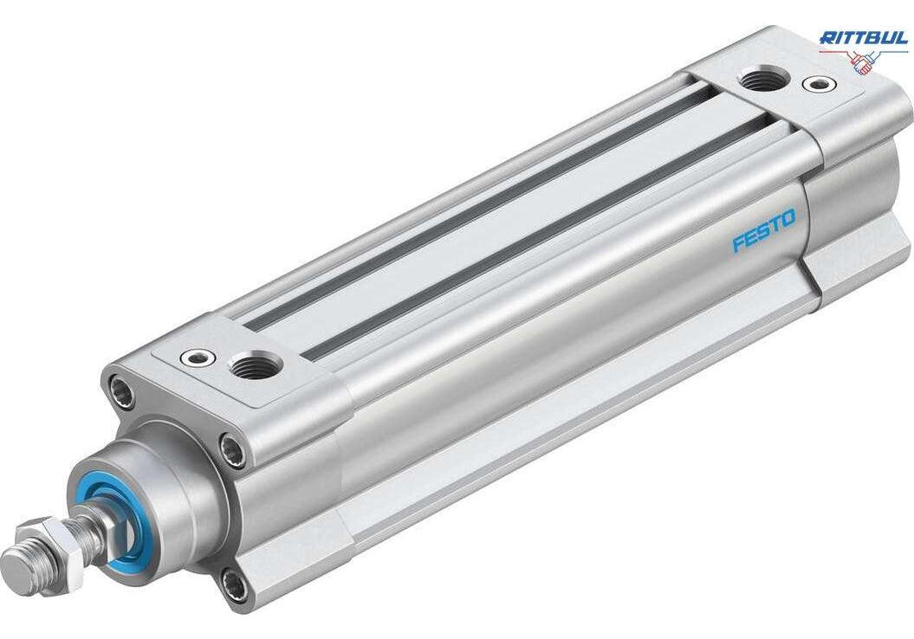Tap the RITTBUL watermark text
[x=864, y=38]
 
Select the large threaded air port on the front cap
[x=256, y=365]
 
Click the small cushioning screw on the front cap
[x=198, y=357]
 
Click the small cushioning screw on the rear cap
[x=820, y=84]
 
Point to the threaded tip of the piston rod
[x=23, y=569]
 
